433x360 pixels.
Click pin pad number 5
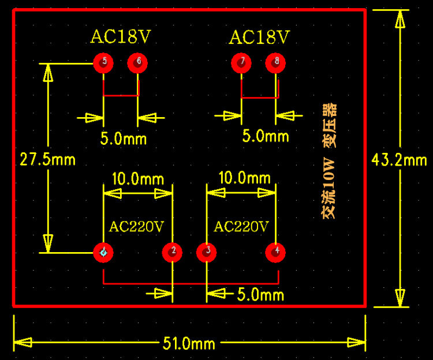[x=103, y=62]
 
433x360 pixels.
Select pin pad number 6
[x=138, y=62]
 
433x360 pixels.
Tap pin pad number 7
[x=242, y=62]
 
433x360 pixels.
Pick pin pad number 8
[x=277, y=62]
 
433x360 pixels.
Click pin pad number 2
[x=173, y=252]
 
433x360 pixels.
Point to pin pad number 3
[x=207, y=252]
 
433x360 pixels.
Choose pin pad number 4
[x=277, y=252]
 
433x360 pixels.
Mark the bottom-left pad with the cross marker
[x=103, y=252]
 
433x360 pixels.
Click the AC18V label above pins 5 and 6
[x=120, y=37]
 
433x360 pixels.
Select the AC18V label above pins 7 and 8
[x=259, y=37]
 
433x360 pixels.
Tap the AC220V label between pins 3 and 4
[x=241, y=227]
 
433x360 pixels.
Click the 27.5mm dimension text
[x=47, y=160]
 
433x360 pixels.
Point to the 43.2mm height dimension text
[x=399, y=160]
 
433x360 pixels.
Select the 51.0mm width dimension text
[x=189, y=344]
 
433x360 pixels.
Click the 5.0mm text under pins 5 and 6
[x=123, y=139]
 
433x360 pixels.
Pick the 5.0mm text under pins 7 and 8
[x=265, y=137]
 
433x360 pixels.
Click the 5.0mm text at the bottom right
[x=260, y=295]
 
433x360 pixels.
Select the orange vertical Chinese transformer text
[x=329, y=162]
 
